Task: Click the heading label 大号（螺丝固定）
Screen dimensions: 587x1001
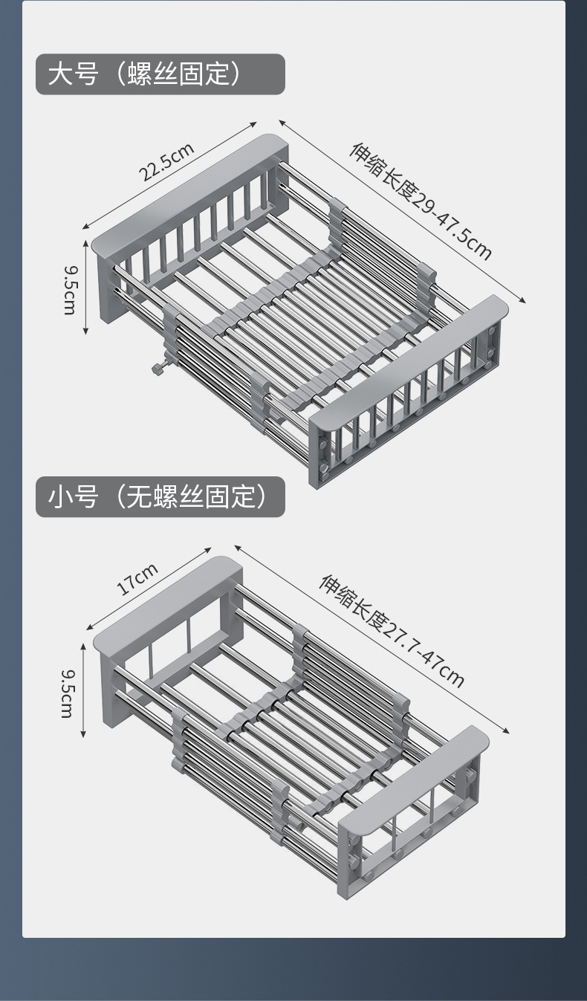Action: (x=160, y=74)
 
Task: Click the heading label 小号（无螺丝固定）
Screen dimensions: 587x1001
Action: (x=160, y=496)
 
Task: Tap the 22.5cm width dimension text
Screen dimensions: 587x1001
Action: (x=167, y=161)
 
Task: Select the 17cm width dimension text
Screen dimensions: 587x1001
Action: (x=137, y=580)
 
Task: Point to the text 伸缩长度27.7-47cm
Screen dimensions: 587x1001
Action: (x=392, y=632)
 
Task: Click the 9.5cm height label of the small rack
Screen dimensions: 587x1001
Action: (x=67, y=693)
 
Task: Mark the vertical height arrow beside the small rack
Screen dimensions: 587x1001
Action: (x=84, y=691)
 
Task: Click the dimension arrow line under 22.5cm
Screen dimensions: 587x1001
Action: (x=169, y=175)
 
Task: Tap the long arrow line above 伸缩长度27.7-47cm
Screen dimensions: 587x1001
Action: (x=372, y=639)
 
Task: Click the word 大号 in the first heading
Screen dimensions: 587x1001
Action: (x=73, y=74)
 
